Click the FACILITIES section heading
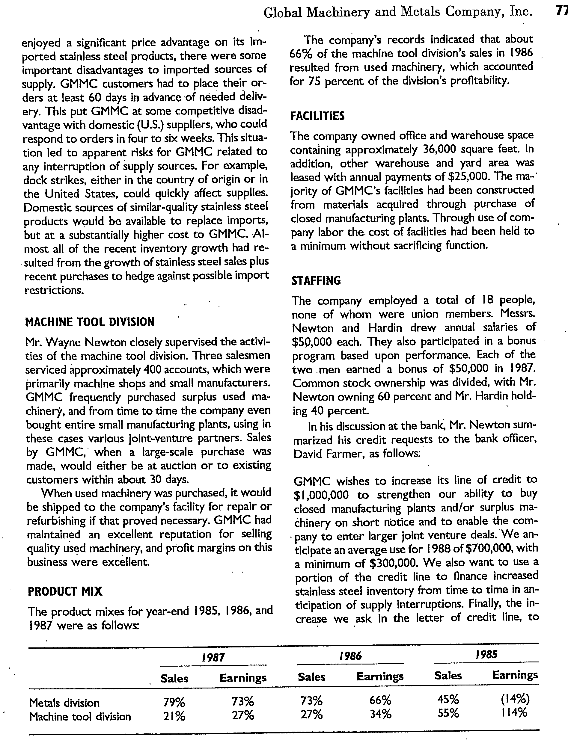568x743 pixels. (x=317, y=116)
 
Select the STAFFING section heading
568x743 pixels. (x=316, y=280)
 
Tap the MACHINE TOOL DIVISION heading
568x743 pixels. (x=90, y=322)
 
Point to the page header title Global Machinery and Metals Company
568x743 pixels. (x=397, y=12)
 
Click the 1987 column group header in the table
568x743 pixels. (x=213, y=657)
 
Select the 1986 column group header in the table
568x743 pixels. (x=350, y=656)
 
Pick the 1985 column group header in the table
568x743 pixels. (x=486, y=655)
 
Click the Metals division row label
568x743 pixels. (x=64, y=703)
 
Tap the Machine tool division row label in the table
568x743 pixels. (x=80, y=716)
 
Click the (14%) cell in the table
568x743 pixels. (x=515, y=698)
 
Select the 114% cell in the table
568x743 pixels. (x=514, y=712)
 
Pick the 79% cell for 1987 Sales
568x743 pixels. (x=174, y=702)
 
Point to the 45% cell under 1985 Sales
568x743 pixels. (x=448, y=698)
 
